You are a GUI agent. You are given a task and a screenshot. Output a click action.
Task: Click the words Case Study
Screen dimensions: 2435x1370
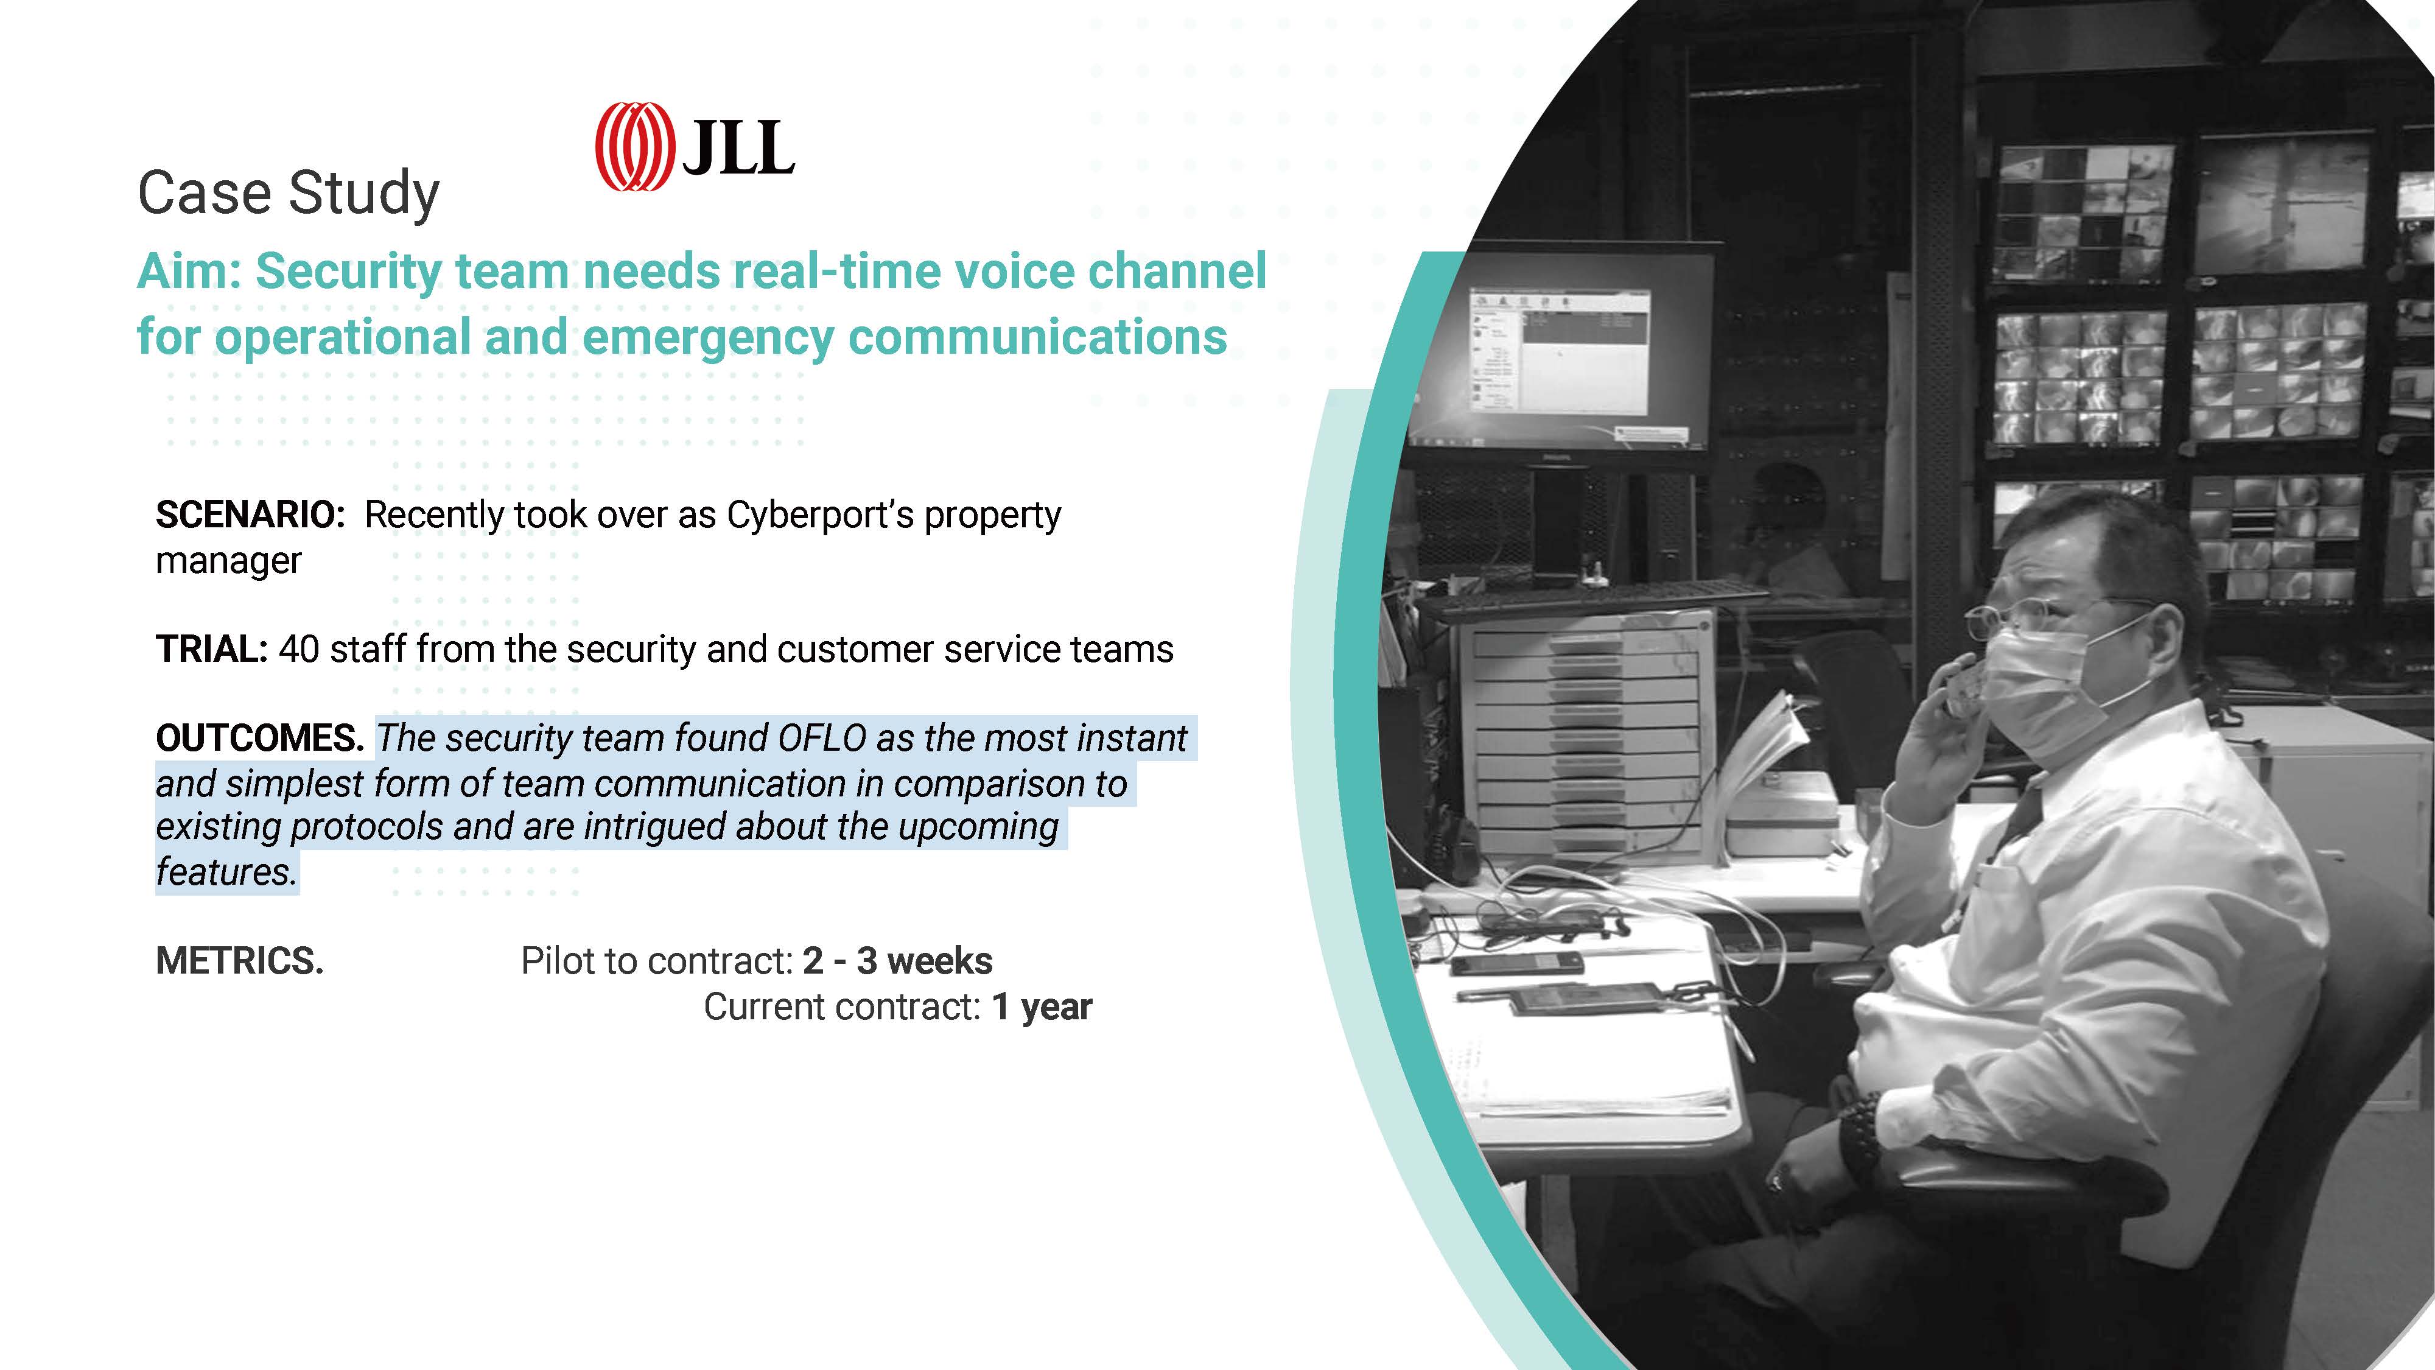point(289,194)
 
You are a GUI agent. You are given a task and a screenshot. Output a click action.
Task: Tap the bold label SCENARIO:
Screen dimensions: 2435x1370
point(250,515)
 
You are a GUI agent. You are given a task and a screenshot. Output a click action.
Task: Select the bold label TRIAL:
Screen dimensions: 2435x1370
point(212,650)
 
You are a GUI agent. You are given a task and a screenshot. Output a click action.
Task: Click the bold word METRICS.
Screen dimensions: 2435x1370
point(239,961)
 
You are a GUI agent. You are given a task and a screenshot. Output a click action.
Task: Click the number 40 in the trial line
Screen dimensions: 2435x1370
point(299,650)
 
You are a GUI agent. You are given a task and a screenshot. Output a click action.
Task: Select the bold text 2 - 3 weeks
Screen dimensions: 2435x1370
point(898,961)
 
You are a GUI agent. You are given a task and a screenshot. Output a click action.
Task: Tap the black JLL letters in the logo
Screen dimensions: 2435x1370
point(738,149)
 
